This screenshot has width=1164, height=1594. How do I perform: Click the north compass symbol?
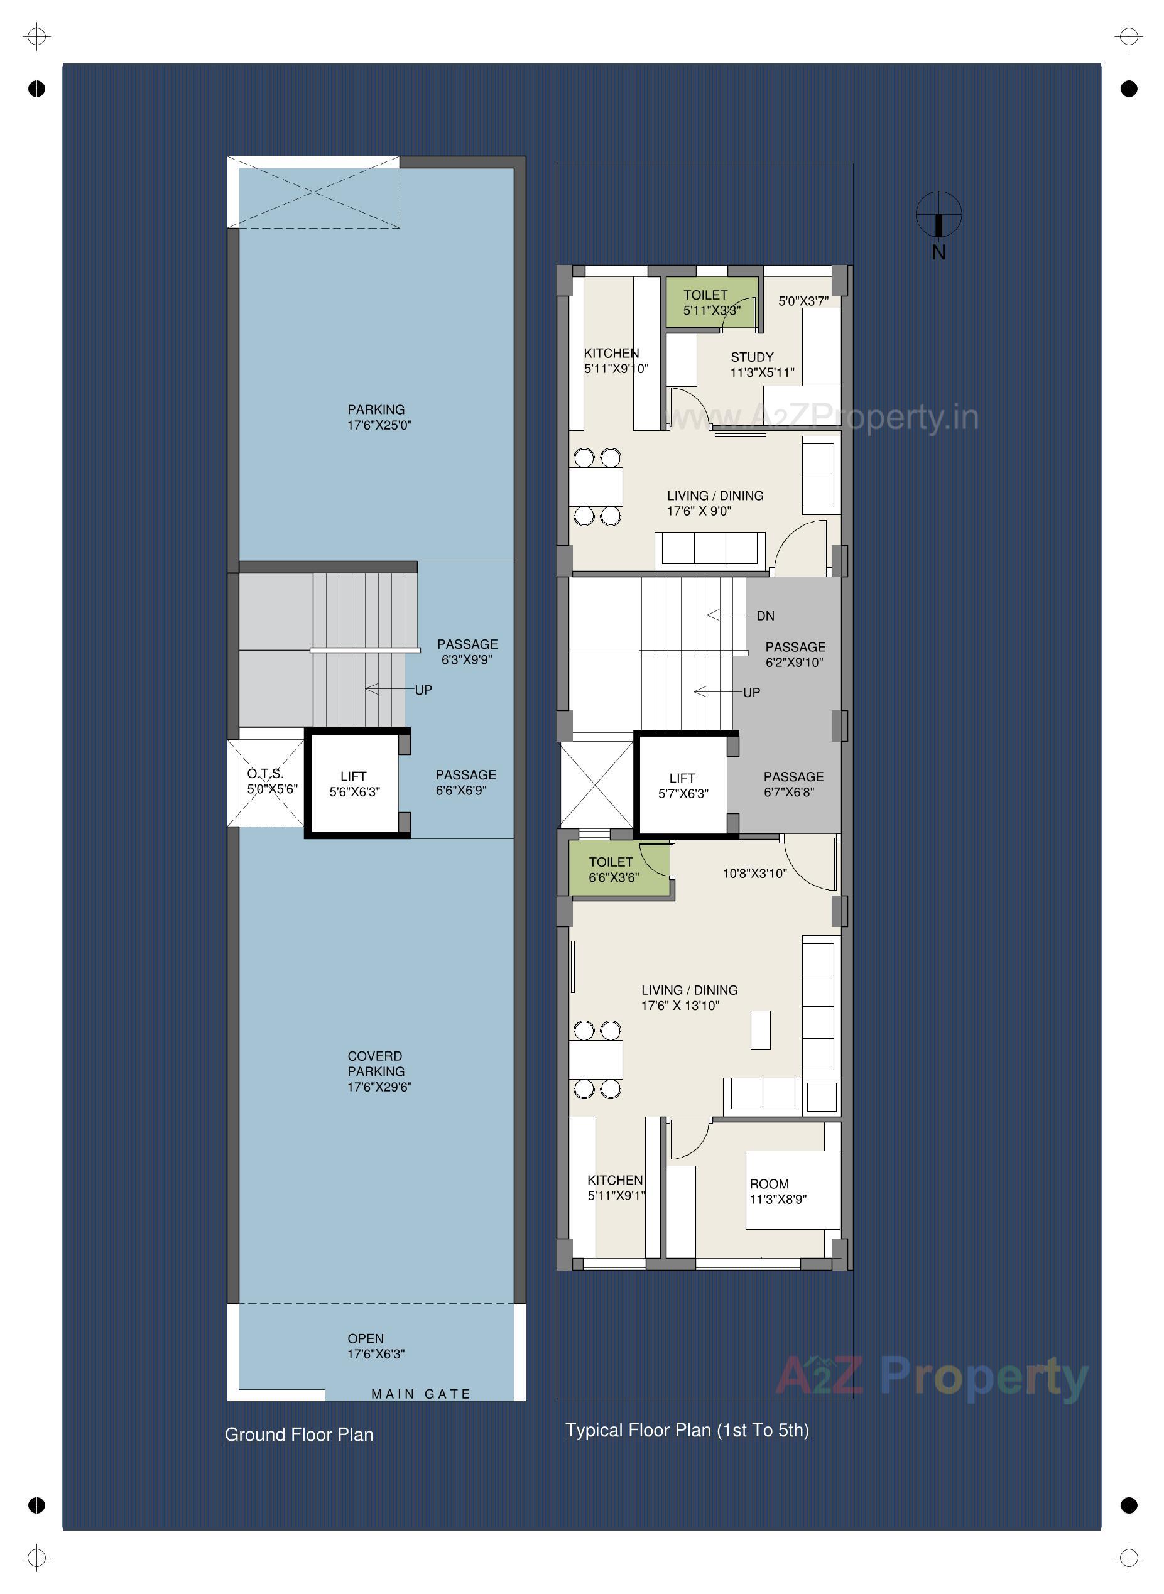938,215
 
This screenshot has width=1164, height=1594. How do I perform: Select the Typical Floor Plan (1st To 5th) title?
687,1430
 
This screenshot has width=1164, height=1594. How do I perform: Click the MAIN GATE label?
421,1394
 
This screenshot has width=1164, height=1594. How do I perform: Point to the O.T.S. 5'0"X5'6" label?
271,781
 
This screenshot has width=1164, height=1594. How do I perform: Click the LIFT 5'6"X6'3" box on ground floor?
354,784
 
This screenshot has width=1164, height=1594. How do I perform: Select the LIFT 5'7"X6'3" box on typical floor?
683,785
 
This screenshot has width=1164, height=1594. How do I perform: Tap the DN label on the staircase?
765,615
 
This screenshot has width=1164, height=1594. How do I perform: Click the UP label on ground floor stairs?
423,690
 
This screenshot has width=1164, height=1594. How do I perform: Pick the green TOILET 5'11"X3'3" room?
710,302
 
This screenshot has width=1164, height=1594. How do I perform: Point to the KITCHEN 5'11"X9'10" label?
614,361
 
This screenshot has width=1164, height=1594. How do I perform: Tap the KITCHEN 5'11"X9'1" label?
616,1188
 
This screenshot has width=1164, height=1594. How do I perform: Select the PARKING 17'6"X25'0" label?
378,417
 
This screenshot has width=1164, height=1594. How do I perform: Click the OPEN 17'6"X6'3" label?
375,1346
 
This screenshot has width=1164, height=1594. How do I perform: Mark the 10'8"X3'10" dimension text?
754,874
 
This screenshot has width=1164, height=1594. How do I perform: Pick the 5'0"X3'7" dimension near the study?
803,301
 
